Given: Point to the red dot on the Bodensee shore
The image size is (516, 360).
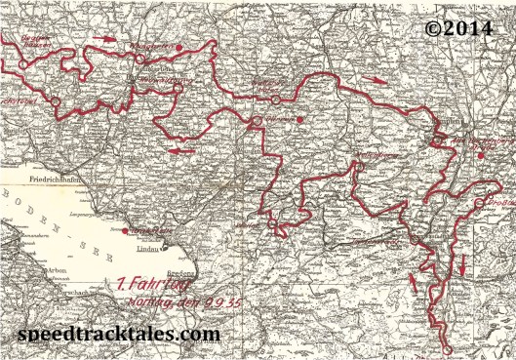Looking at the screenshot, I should pos(124,231).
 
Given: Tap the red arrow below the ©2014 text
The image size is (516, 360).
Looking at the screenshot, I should pos(375,81).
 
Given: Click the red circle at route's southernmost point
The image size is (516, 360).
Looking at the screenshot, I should pos(446,348).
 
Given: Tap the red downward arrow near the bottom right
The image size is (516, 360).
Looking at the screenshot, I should pos(461,262).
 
